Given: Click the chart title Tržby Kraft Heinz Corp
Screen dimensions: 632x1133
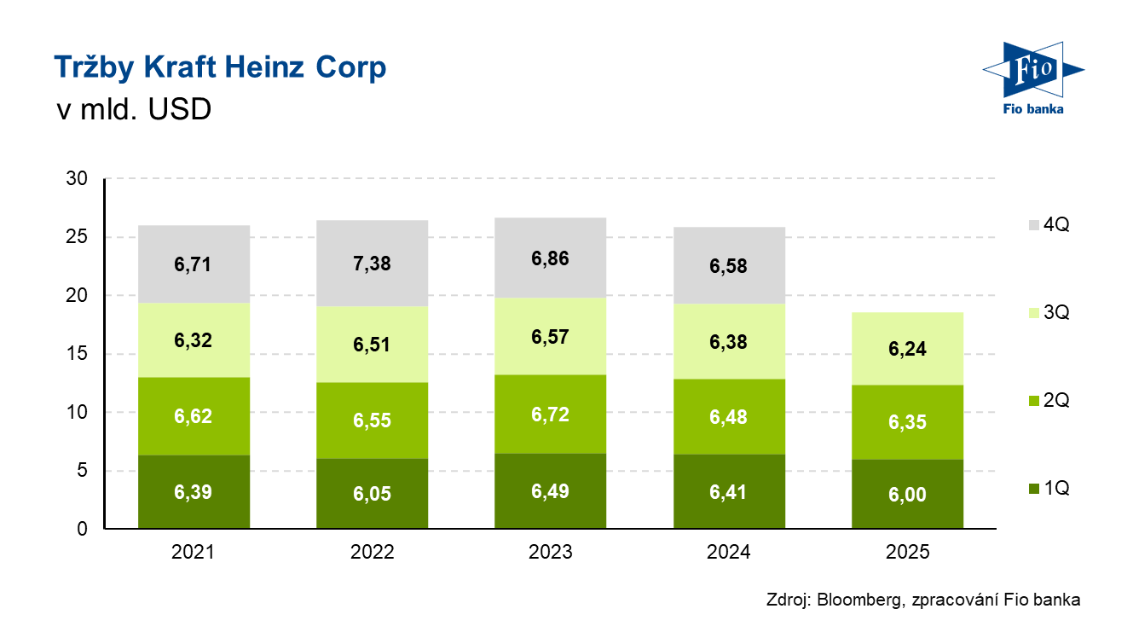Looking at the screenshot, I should click(x=220, y=67).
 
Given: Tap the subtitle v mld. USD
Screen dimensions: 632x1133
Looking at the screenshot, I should click(x=133, y=110).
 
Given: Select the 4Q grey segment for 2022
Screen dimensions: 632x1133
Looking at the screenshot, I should click(x=372, y=263).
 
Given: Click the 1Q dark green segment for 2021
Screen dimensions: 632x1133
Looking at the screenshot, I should click(x=194, y=492).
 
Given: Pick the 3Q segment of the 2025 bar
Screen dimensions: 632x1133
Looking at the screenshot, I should click(x=907, y=348).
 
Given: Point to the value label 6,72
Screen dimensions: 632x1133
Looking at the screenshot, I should click(x=551, y=415).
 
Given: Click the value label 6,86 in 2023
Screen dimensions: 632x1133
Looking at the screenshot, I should click(x=551, y=258).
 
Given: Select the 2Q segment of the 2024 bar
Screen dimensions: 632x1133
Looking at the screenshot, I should click(x=729, y=416).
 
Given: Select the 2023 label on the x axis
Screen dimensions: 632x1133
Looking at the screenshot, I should click(x=551, y=552).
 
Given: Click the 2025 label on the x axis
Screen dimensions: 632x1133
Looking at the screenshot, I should click(x=907, y=552).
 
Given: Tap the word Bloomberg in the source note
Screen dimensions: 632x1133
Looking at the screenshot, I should click(x=855, y=600).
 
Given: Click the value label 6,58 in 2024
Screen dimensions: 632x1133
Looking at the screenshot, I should click(x=729, y=266).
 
